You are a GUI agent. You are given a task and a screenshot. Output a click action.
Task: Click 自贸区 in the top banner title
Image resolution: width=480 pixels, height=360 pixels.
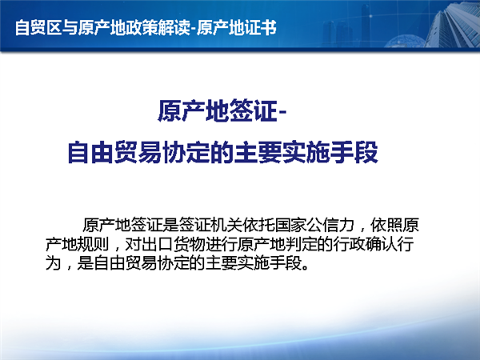click(38, 27)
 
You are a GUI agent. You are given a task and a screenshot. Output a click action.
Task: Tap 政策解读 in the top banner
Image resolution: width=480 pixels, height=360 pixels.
click(158, 27)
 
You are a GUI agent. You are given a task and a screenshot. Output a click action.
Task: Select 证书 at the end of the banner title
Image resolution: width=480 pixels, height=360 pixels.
click(260, 27)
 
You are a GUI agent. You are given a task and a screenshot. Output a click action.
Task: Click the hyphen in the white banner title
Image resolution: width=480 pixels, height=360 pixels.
click(193, 29)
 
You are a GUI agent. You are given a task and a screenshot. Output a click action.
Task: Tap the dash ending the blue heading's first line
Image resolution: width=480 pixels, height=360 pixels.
click(282, 112)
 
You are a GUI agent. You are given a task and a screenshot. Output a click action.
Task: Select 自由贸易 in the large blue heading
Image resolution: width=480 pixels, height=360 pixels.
click(114, 152)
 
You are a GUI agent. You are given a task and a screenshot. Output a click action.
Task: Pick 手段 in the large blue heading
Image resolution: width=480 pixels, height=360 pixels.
click(354, 152)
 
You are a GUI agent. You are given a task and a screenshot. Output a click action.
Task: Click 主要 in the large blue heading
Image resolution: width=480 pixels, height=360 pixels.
click(258, 152)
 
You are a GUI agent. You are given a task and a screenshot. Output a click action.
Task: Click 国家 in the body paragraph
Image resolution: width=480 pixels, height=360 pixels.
click(291, 225)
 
